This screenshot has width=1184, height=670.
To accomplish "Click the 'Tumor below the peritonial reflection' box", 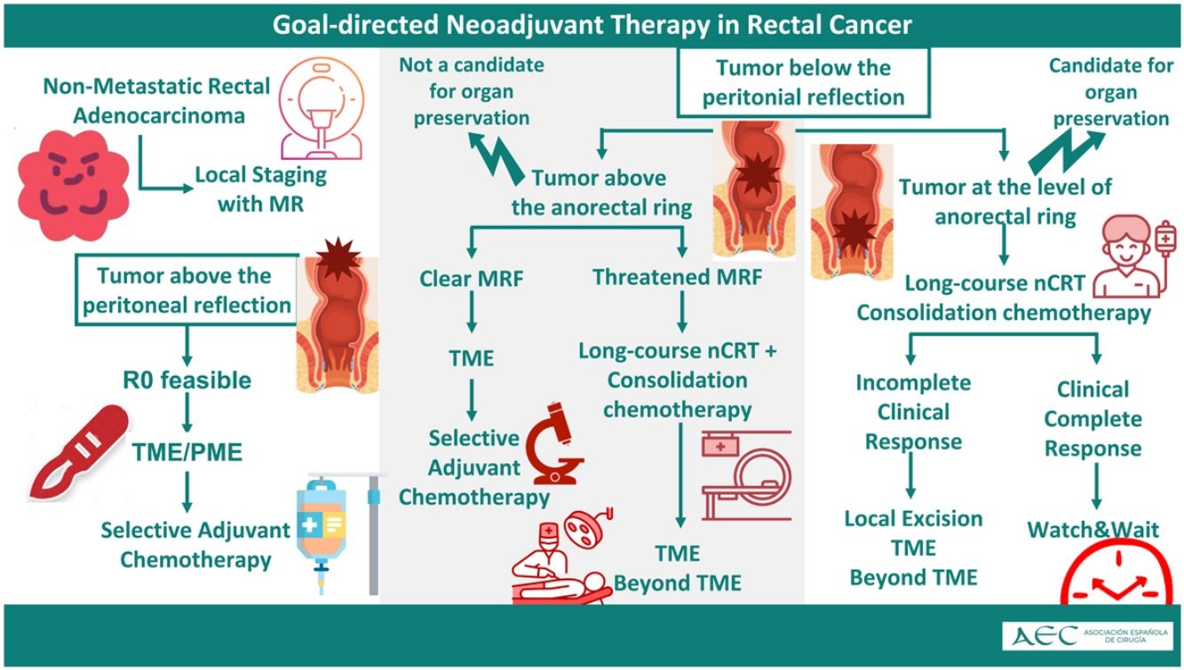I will pos(803,82).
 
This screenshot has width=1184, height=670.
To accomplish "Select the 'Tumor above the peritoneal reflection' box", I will pos(185,291).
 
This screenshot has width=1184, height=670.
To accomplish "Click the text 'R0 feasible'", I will pos(187,380).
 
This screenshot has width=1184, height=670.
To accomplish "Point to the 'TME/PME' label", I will pos(187,451).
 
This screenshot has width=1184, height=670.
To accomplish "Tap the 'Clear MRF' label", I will pos(471,279).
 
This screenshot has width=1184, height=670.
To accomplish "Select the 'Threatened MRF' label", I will pos(678,277).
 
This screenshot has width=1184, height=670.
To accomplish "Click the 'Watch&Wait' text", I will pos(1093,530).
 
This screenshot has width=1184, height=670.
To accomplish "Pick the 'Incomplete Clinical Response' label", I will pos(913,412).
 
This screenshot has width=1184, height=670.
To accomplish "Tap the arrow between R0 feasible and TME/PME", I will pos(187,416).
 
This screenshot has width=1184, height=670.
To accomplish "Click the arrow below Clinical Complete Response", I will pos(1094,490).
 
